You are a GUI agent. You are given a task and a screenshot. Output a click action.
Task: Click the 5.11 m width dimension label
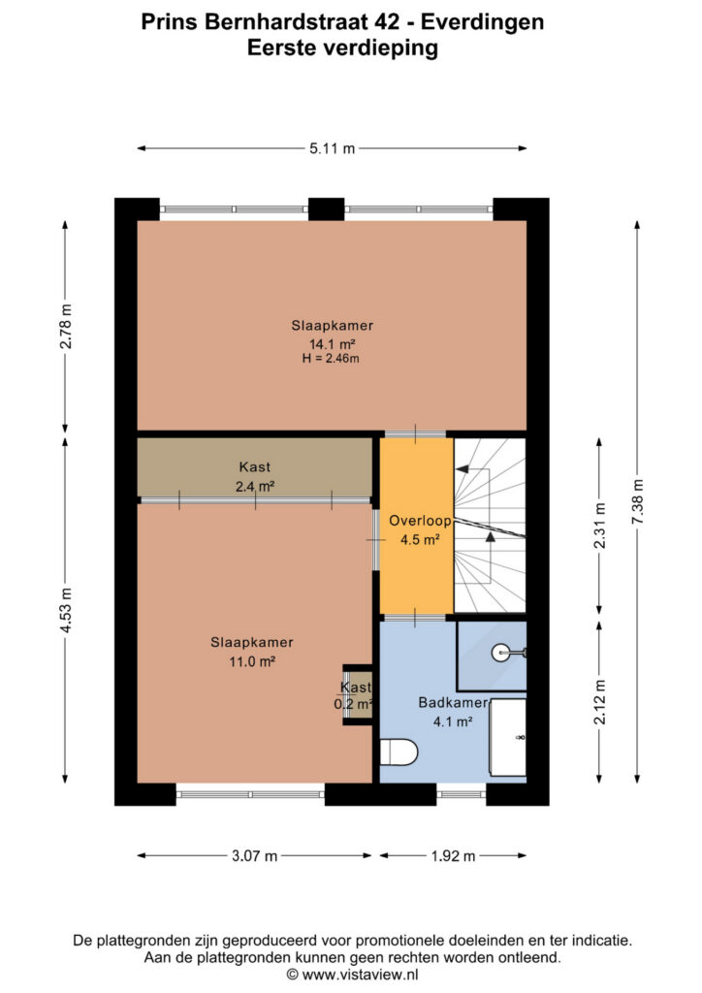point(333,148)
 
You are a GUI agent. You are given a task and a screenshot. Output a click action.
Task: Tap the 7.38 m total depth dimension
point(637,500)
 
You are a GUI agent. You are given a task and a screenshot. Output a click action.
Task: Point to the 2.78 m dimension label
point(65,326)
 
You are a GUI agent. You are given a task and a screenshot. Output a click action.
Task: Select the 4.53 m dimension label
point(65,611)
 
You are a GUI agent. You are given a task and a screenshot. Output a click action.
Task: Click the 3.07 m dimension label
point(254,856)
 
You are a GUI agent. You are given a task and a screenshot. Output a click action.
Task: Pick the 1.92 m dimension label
point(453,856)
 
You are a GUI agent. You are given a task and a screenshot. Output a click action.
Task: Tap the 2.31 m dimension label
point(600,525)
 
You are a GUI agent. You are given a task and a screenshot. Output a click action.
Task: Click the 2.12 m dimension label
point(600,702)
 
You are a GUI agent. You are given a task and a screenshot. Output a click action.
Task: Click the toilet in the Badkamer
point(399,753)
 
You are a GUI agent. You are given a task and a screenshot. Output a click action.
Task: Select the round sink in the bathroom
point(500,653)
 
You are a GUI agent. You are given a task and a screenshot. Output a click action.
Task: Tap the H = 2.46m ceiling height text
point(331,359)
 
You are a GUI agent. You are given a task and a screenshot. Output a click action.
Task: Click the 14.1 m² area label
point(332,344)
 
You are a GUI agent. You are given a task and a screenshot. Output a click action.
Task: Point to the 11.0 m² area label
point(252,661)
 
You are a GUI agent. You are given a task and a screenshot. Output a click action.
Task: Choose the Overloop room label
point(420,521)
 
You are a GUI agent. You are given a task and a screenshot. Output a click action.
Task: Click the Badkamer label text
point(453,702)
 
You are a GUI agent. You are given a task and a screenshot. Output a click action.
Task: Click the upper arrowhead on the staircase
point(463,469)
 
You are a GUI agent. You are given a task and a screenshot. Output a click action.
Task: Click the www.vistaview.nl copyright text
point(353,974)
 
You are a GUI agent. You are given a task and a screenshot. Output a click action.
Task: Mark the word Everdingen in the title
point(482,23)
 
